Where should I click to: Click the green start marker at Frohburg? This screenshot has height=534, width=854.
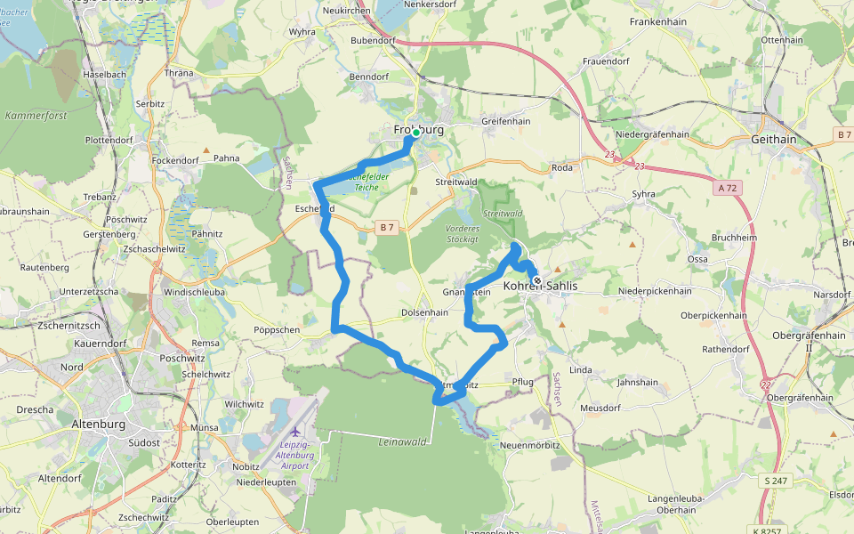pos(415,133)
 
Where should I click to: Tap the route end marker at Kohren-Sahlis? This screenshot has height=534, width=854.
pos(536,281)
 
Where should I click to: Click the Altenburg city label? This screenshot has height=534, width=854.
pos(98,424)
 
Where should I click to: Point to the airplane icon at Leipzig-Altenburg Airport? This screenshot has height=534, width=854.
pos(294,432)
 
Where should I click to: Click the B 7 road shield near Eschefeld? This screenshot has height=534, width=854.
pos(386,228)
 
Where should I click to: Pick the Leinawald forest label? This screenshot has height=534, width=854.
pos(403,441)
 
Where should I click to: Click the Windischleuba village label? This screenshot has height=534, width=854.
pos(196,291)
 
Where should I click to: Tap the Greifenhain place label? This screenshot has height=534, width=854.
pos(505,121)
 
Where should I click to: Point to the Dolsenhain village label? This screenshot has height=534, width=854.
pos(424,312)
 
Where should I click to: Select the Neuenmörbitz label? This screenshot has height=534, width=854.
pos(529,443)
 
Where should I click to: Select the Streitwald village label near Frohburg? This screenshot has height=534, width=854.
pos(456,182)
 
